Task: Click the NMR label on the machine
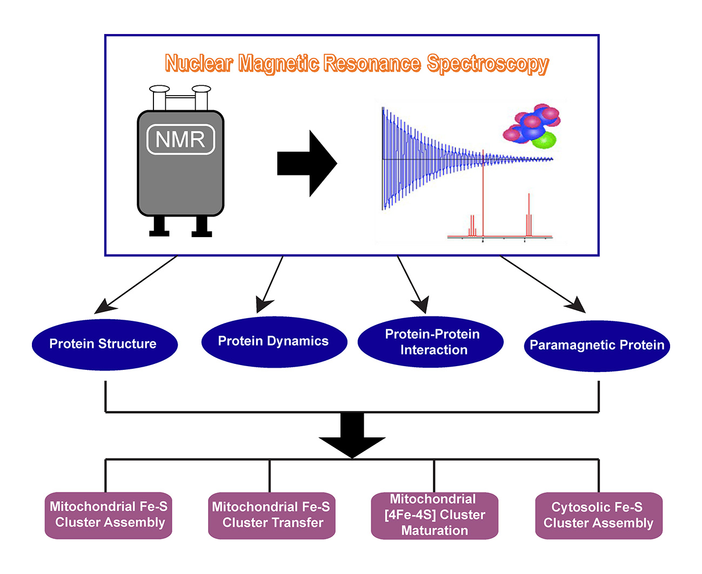click(x=180, y=139)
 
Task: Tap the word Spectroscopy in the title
click(x=487, y=64)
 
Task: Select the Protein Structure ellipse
click(x=104, y=345)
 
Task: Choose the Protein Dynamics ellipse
click(x=274, y=342)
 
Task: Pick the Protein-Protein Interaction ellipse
click(x=430, y=342)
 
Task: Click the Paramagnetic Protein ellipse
click(x=597, y=346)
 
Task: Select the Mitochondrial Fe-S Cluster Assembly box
click(x=108, y=515)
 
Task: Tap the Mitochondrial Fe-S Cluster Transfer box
click(x=271, y=516)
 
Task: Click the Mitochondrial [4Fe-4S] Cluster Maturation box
click(x=434, y=516)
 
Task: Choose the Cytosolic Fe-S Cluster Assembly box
click(x=598, y=516)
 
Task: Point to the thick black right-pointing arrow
click(x=307, y=163)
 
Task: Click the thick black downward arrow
click(x=352, y=435)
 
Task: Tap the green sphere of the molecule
click(x=544, y=140)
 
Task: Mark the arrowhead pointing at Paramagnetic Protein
click(x=576, y=305)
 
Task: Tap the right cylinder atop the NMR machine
click(x=202, y=97)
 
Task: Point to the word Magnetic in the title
click(x=279, y=64)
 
